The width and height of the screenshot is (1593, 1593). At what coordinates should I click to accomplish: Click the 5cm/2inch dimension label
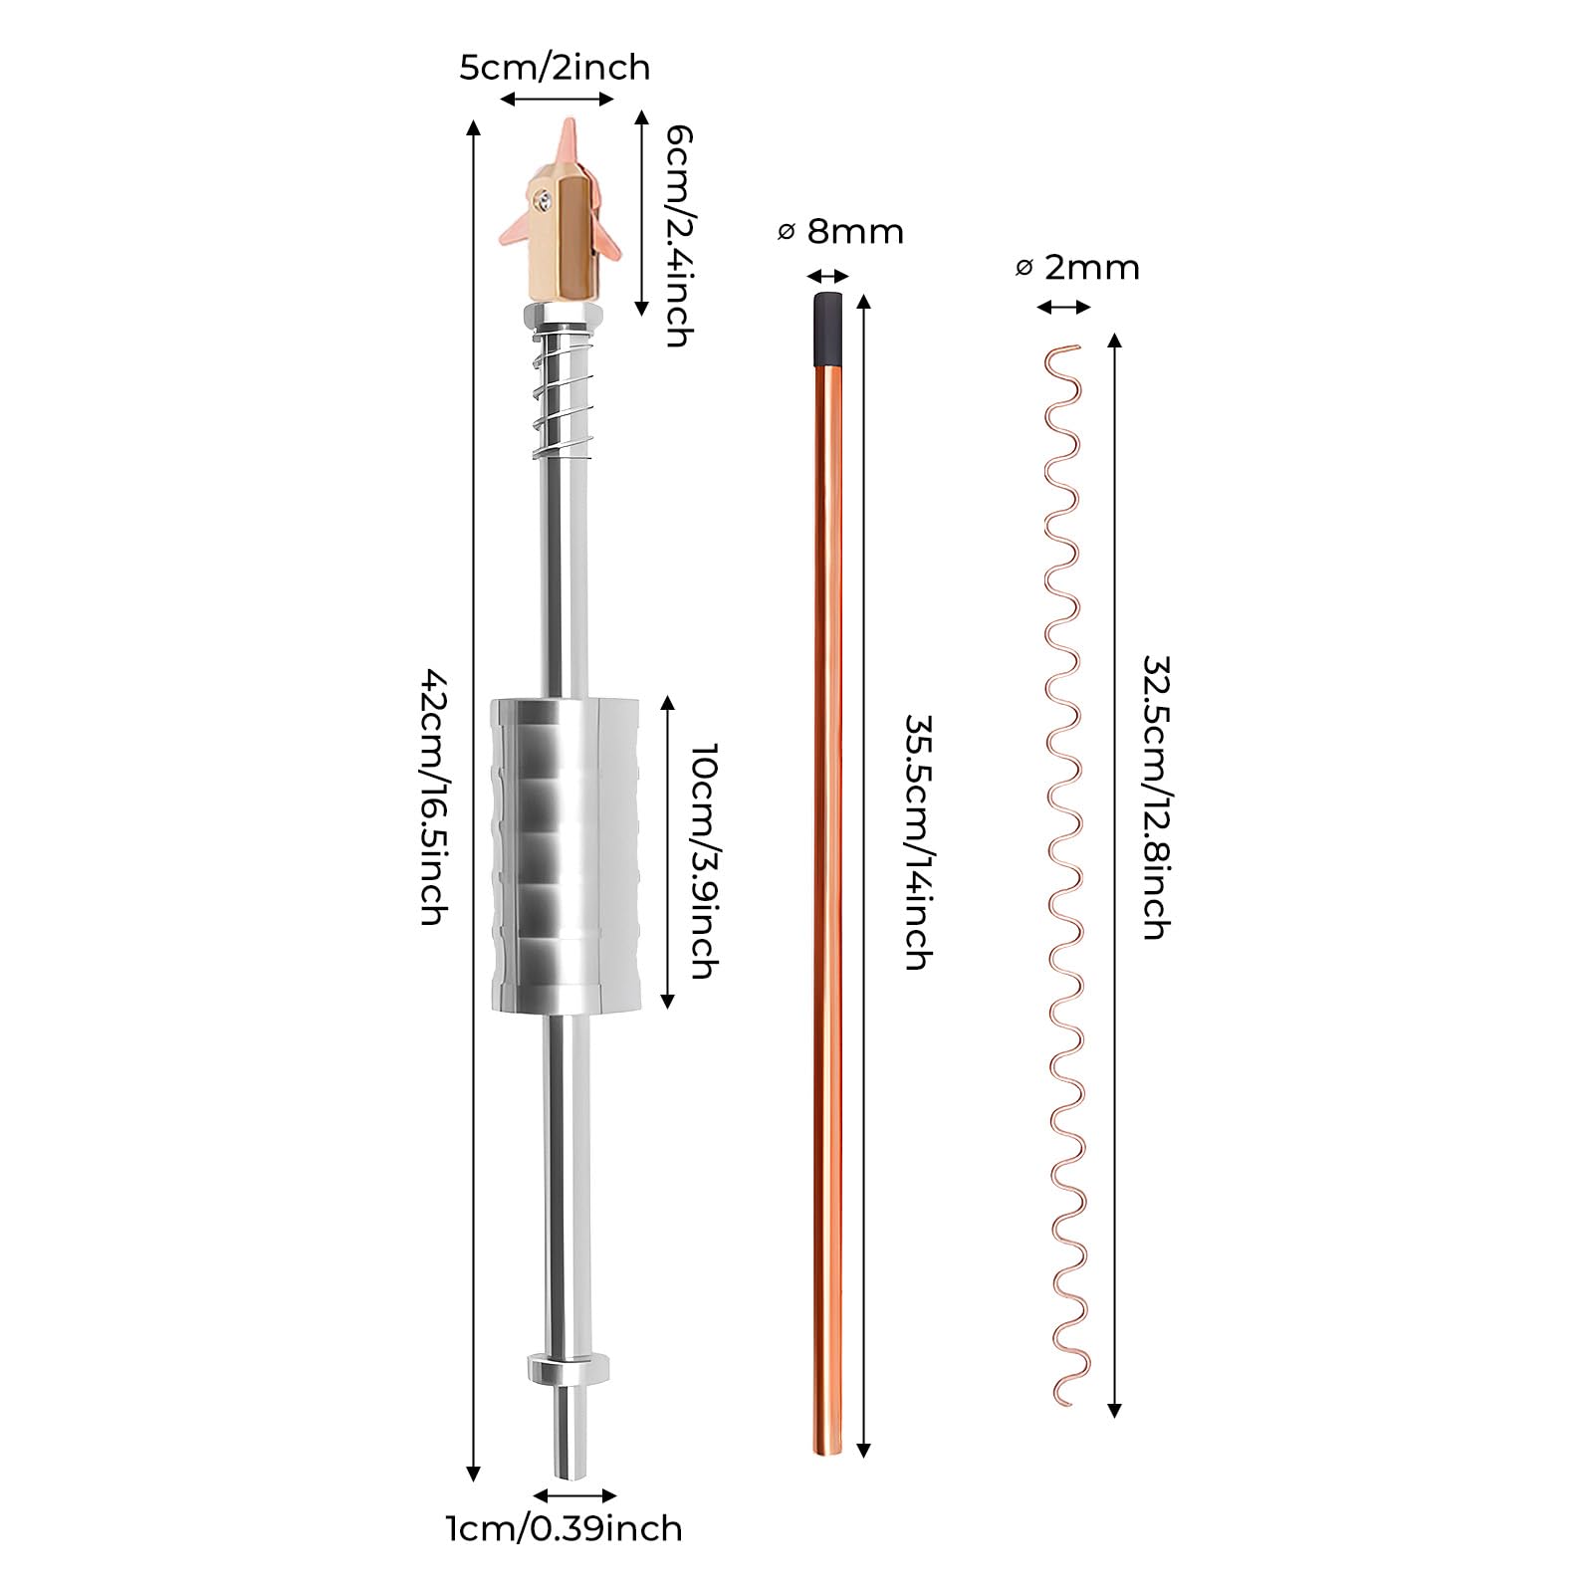(x=555, y=68)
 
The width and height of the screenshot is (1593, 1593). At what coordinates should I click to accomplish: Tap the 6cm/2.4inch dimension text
(x=678, y=235)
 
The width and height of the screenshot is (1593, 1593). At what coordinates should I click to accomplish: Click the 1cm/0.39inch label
(x=564, y=1528)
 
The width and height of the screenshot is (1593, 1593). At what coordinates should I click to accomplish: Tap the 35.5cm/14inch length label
(x=918, y=841)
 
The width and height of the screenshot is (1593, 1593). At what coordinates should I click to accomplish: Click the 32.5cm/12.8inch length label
(x=1156, y=796)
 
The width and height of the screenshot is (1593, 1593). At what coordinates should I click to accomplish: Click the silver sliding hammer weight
(x=564, y=856)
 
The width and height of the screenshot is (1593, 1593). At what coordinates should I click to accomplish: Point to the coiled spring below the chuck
(x=564, y=394)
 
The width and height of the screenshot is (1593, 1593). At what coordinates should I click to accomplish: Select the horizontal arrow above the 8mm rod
(x=828, y=277)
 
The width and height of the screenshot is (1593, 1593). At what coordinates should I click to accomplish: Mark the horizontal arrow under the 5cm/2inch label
(x=558, y=98)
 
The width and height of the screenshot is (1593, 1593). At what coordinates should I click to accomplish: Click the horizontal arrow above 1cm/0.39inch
(x=575, y=1494)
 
